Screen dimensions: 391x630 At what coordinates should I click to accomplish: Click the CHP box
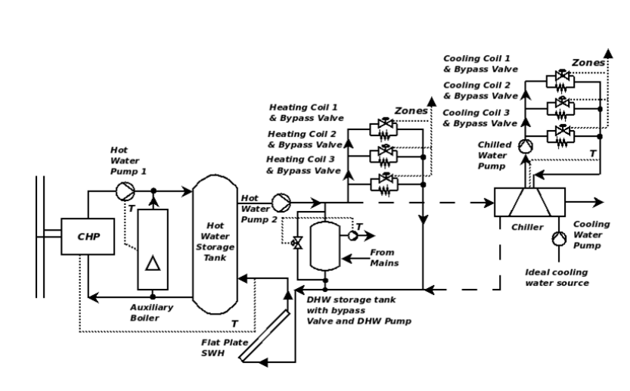pos(88,236)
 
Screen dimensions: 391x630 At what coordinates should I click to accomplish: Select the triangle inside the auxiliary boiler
pos(153,263)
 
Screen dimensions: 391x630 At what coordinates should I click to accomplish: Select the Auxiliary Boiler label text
pos(152,312)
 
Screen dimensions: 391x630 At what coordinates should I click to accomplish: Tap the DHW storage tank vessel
pos(327,245)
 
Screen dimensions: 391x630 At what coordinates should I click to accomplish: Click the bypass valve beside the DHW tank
pos(297,244)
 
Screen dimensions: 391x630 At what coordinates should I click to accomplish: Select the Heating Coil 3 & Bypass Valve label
pos(302,165)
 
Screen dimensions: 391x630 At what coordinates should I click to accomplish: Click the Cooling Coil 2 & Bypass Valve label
pos(479,90)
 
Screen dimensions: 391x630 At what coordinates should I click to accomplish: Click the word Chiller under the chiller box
pos(523,225)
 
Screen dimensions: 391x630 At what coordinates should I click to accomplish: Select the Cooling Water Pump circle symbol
pos(558,240)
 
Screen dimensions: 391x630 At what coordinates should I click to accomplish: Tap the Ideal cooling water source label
pos(557,277)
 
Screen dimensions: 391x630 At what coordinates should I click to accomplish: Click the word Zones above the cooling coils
pos(587,63)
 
